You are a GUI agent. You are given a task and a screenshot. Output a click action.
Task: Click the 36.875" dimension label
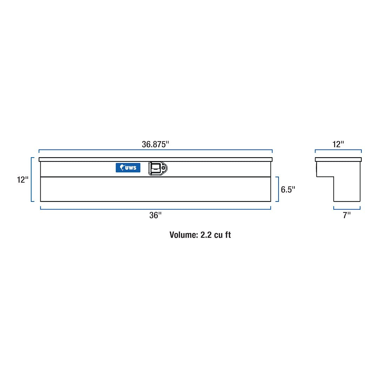point(155,145)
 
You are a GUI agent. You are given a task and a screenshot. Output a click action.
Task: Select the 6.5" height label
point(288,189)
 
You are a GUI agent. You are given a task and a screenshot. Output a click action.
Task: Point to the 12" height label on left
point(22,180)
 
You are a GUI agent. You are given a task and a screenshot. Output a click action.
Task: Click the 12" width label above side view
point(338,145)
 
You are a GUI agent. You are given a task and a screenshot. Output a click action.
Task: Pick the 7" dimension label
point(347,215)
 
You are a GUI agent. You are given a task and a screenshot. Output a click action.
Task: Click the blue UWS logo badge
point(128,168)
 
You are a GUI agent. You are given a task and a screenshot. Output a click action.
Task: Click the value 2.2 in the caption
point(206,235)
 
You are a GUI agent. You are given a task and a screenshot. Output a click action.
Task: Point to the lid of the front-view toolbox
point(155,159)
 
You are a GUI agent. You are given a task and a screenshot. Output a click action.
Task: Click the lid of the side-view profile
point(338,159)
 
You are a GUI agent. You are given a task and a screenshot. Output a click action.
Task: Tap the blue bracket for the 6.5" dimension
point(278,189)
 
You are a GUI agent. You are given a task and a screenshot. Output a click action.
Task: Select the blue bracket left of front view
point(32,179)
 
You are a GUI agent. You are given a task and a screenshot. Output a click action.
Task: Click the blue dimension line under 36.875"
point(155,150)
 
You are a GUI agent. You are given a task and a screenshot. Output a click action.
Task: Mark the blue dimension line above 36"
point(155,209)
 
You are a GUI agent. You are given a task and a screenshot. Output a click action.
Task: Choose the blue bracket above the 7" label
point(347,209)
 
